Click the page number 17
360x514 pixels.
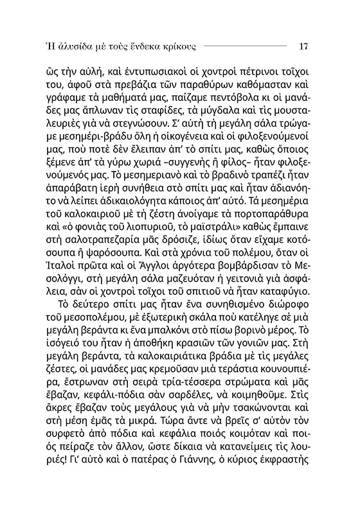[x=305, y=46]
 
